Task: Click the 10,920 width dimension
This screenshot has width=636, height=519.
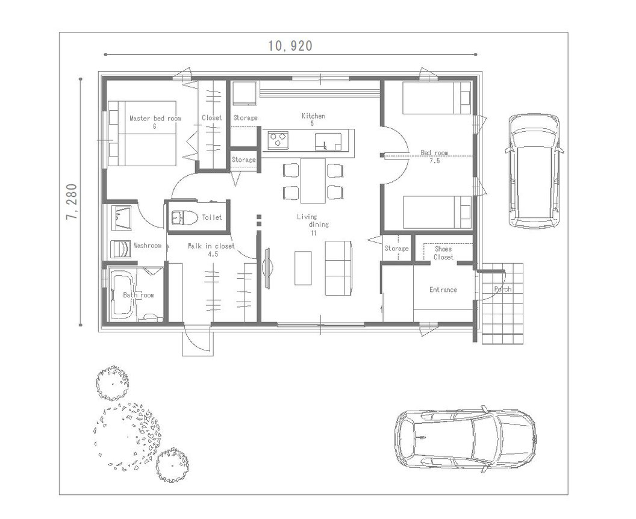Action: (x=290, y=46)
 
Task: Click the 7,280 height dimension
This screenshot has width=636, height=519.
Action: (x=72, y=202)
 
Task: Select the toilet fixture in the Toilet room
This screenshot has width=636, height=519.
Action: (x=184, y=218)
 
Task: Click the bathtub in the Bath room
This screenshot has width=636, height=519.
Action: (x=123, y=295)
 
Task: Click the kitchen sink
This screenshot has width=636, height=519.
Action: (x=328, y=141)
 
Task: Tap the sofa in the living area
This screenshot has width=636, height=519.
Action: (x=338, y=268)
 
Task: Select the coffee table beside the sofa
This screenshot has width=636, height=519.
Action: (x=303, y=268)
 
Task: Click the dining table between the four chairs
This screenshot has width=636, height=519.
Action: (x=313, y=181)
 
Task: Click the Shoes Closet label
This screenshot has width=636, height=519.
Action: (x=443, y=253)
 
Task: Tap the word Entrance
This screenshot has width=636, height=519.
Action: (x=443, y=290)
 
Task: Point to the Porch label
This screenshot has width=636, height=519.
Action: (x=502, y=289)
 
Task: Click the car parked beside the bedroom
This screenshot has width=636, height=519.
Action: (x=534, y=170)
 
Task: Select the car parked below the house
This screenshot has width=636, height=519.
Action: (x=465, y=439)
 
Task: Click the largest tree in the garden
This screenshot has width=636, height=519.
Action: (x=127, y=434)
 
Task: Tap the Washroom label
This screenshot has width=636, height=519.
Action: (x=147, y=246)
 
